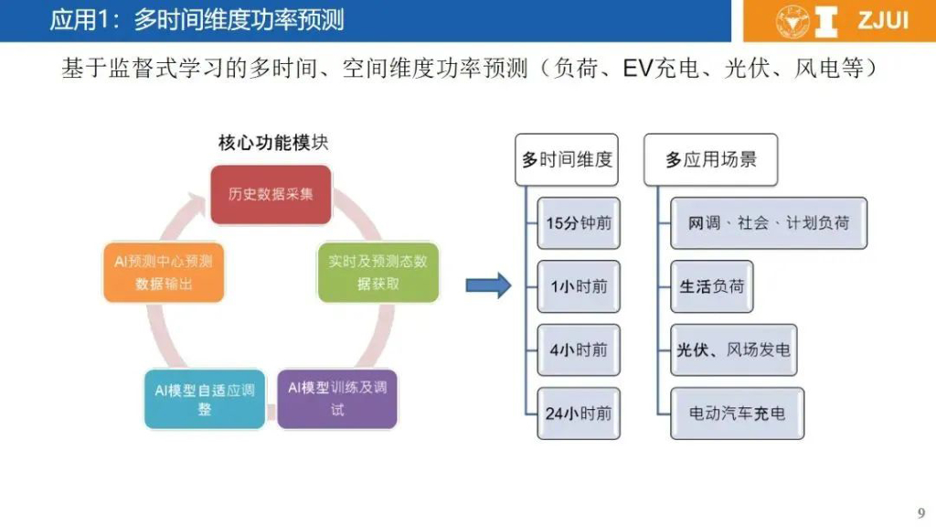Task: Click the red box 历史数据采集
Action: tap(270, 194)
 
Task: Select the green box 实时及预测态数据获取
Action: tap(378, 272)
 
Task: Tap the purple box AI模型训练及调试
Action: tap(337, 398)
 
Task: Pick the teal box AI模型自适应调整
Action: tap(204, 398)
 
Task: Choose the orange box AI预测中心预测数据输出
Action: tap(163, 272)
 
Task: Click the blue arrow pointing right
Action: tap(488, 285)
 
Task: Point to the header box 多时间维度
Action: tap(567, 159)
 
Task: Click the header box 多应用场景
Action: tap(710, 159)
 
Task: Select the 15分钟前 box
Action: tap(579, 222)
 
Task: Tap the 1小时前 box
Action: tap(579, 285)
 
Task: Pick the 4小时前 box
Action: tap(579, 350)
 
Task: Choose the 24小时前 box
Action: tap(579, 413)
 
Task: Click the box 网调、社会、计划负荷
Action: tap(768, 222)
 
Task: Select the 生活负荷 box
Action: tap(712, 285)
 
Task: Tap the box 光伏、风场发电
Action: tap(733, 350)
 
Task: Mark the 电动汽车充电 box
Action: tap(737, 413)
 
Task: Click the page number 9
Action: tap(920, 511)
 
